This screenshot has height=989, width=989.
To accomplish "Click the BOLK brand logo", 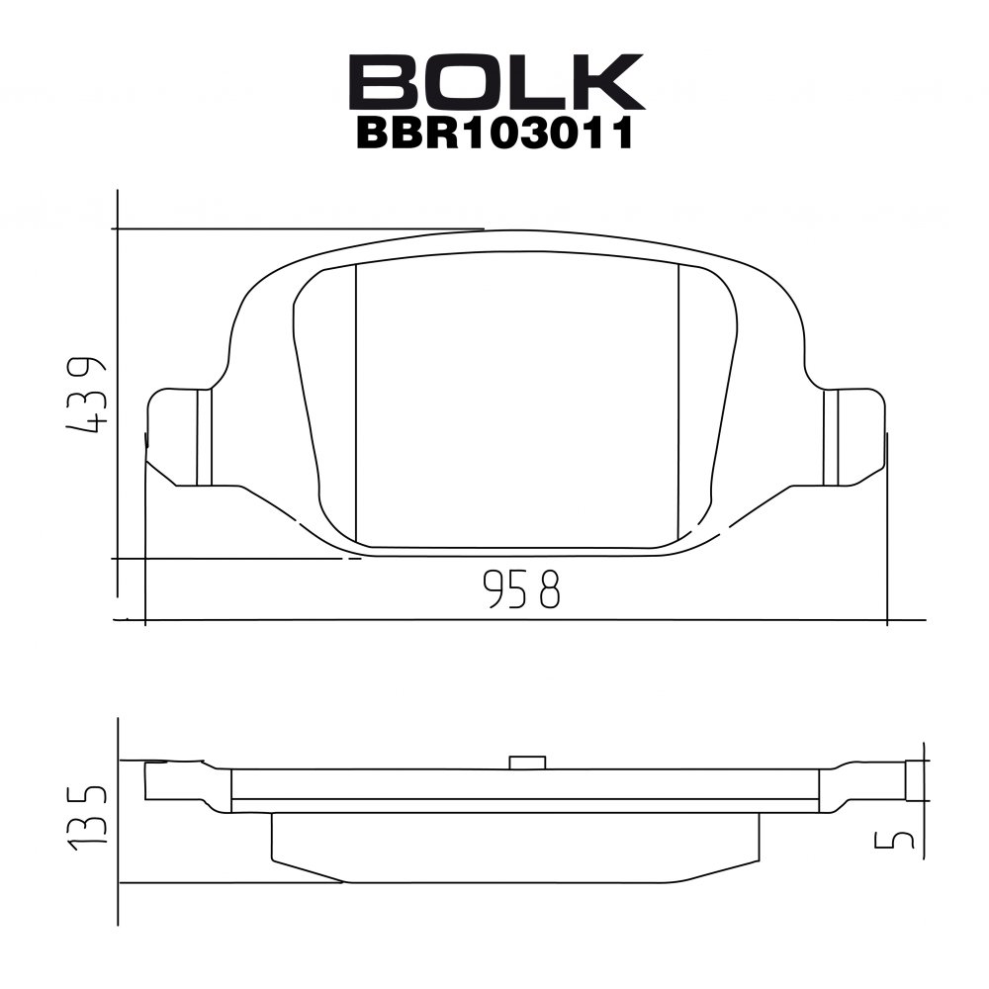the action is coord(496,81).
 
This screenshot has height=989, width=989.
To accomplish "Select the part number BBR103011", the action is coord(495,134).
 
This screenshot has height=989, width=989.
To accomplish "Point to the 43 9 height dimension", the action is coord(85,396).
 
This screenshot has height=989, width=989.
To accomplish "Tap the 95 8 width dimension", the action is coord(521,587).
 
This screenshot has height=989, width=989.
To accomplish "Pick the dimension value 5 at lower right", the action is coord(894,840).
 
